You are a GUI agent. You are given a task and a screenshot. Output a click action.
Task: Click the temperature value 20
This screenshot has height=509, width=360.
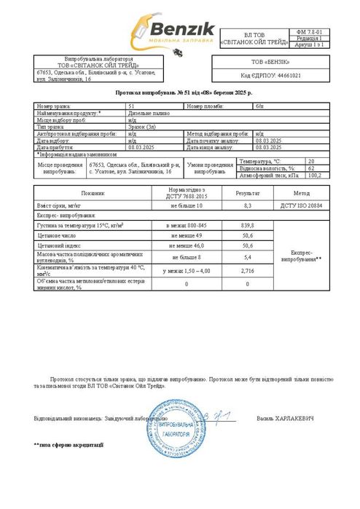(311, 160)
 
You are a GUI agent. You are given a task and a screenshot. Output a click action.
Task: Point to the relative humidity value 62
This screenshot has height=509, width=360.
(311, 167)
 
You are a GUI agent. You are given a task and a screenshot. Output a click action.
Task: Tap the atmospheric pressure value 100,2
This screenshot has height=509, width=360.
(314, 175)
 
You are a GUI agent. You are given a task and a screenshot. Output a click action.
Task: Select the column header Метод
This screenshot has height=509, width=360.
(301, 194)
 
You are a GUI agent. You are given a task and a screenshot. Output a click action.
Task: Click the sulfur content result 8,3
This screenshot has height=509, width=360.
(246, 208)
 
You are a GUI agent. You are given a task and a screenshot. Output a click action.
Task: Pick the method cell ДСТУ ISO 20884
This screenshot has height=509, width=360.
(301, 208)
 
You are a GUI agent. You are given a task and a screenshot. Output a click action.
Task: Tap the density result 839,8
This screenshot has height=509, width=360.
(246, 226)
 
